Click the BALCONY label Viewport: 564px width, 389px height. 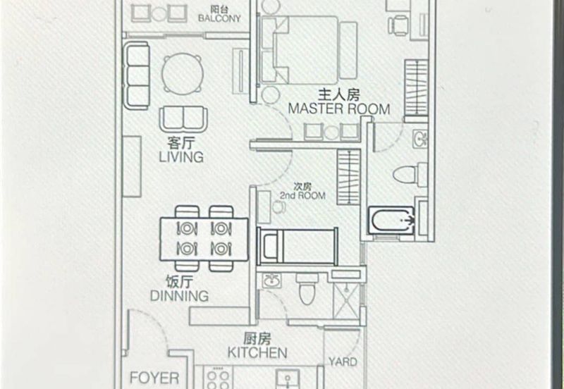tap(219, 18)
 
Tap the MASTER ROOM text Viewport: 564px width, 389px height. tap(339, 109)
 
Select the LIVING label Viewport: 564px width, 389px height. tap(181, 157)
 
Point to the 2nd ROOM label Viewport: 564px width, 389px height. tap(303, 196)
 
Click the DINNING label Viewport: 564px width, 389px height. tap(179, 296)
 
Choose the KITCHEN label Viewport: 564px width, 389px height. tap(257, 352)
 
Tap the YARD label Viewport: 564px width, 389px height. tap(343, 362)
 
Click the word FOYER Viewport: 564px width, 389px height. tap(154, 378)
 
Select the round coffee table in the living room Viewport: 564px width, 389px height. tap(183, 74)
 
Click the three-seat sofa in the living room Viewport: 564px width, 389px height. tap(137, 75)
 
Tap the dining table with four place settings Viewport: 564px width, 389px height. tap(204, 239)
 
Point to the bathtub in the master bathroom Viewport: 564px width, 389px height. tap(391, 220)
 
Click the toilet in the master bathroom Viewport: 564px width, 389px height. tap(410, 175)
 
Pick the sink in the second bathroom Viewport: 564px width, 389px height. tap(271, 280)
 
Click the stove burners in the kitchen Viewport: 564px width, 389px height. tap(219, 378)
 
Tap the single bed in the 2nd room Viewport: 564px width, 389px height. tap(297, 246)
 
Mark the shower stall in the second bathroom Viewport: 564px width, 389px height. tap(346, 301)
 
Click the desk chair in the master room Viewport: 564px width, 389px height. tap(398, 25)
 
